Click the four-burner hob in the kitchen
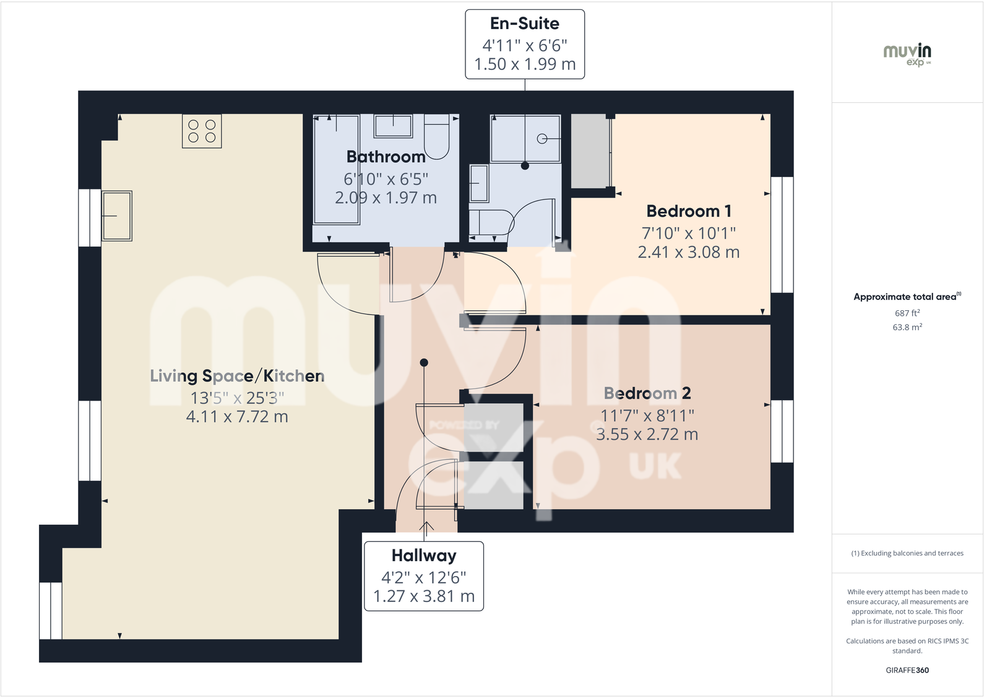point(202,131)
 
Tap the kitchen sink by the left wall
point(117,216)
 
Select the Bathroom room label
point(386,157)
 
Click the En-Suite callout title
point(525,24)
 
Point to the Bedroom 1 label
point(689,211)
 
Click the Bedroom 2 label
point(647,393)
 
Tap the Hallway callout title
point(424,556)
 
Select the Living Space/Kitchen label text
point(237,376)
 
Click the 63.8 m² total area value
point(907,327)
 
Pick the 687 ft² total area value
point(907,313)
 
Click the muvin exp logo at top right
point(907,55)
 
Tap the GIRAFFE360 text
point(907,670)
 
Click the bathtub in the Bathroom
point(337,169)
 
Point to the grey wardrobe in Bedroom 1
point(590,151)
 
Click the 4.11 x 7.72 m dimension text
point(237,417)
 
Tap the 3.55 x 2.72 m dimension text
point(647,435)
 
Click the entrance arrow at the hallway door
point(426,527)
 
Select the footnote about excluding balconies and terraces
point(907,553)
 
